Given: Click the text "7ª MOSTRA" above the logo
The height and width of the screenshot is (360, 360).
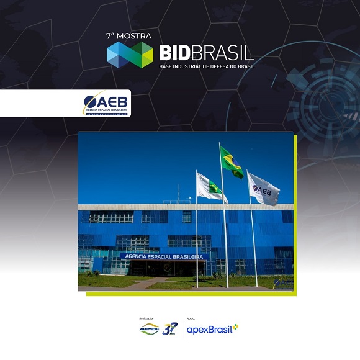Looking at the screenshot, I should click(x=128, y=36).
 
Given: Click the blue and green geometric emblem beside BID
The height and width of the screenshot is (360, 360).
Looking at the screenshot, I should click(x=130, y=55).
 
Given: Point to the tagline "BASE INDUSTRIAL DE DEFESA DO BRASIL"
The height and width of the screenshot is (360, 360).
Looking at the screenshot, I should click(x=207, y=66).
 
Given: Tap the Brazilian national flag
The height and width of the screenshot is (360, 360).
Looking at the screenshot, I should click(x=232, y=162).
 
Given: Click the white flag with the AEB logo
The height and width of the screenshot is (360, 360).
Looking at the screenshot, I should click(x=263, y=189).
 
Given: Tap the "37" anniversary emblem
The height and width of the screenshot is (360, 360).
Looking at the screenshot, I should click(x=169, y=329).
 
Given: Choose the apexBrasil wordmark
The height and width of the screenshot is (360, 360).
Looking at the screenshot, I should click(x=209, y=329).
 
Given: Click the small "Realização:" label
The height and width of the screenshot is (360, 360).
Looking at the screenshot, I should click(x=145, y=317).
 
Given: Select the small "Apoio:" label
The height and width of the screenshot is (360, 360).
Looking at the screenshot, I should click(x=191, y=317).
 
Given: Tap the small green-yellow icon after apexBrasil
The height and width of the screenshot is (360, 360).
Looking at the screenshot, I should click(x=235, y=327).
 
